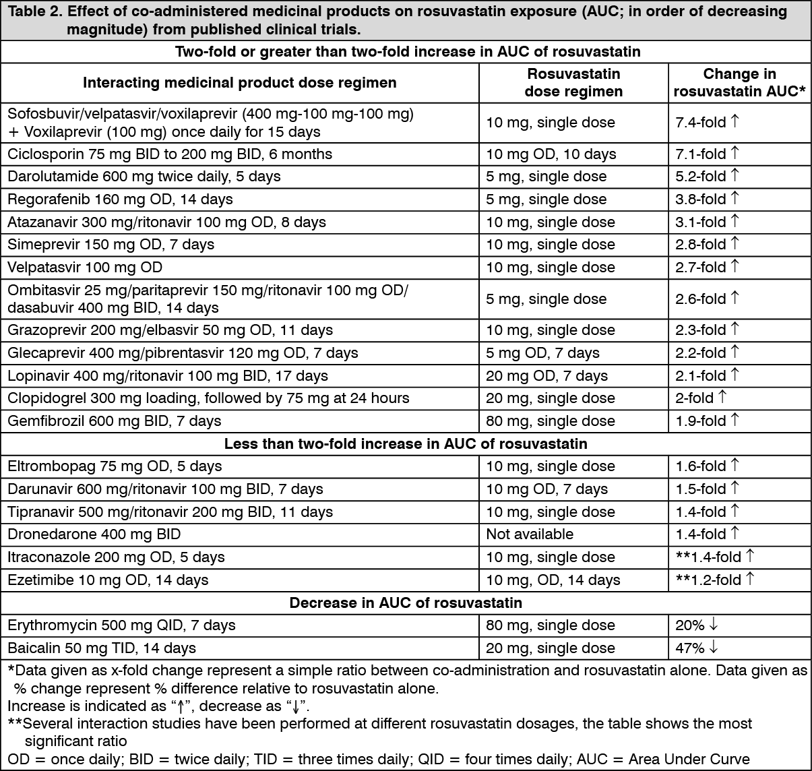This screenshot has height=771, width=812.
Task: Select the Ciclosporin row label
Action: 170,154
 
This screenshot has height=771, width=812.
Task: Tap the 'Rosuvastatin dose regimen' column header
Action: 573,83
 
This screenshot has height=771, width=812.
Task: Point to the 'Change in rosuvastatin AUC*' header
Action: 739,83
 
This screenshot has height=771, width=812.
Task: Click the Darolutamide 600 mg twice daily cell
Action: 144,177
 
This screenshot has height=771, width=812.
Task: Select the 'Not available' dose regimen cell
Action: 530,534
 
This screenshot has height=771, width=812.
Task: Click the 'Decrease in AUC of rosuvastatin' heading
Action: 406,603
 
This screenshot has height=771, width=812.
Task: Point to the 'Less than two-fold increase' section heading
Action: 406,443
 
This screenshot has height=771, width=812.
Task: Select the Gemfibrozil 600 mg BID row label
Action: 114,421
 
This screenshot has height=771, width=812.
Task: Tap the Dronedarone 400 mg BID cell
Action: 94,534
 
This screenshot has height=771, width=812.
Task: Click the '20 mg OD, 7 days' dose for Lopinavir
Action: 546,376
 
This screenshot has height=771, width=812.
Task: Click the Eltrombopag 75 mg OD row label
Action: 114,466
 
